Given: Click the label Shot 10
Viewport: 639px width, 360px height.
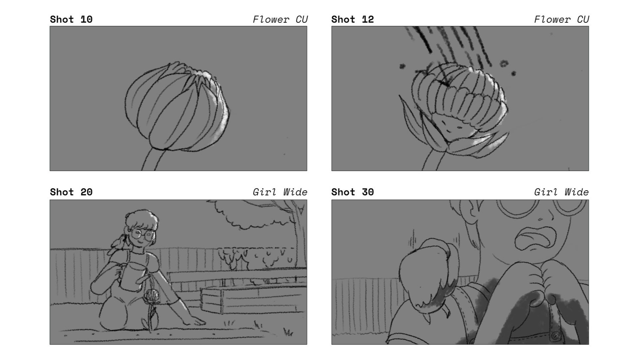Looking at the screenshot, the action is tap(71, 19).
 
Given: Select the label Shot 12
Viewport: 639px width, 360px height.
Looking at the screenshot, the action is tap(352, 19).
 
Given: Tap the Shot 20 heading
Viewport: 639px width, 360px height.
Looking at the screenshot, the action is tap(71, 192).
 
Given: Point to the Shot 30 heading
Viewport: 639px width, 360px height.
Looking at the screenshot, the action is tap(352, 192).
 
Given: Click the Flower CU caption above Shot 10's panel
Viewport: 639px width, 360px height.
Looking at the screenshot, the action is tap(280, 19).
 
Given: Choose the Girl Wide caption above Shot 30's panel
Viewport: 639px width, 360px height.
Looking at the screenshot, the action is tap(561, 192).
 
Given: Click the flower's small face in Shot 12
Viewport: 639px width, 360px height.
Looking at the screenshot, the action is tap(452, 126).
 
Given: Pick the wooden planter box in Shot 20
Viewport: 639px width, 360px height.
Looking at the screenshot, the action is tap(252, 300).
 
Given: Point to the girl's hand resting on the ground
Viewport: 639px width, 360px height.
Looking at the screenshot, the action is tap(195, 321).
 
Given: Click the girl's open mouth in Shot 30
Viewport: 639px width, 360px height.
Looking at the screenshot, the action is tap(536, 238).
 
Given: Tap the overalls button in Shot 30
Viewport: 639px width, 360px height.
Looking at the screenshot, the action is tap(555, 336).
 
